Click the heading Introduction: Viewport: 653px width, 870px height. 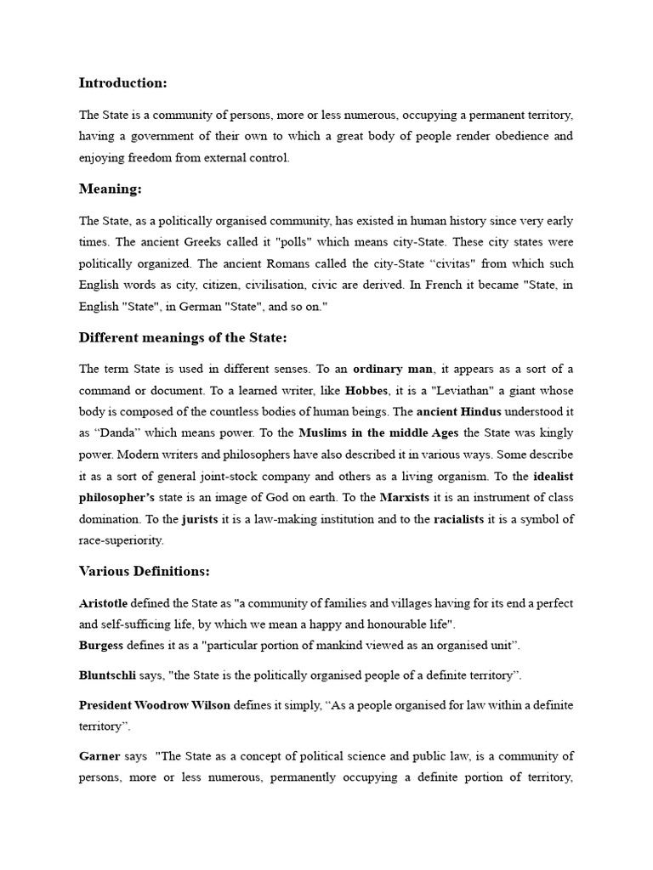pyautogui.click(x=122, y=82)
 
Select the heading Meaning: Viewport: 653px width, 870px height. pyautogui.click(x=109, y=189)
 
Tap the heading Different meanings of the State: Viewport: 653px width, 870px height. pyautogui.click(x=183, y=337)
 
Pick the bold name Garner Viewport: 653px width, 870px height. pyautogui.click(x=99, y=756)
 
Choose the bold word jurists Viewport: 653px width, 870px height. pyautogui.click(x=201, y=517)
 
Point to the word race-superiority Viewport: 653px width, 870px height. pyautogui.click(x=121, y=540)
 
